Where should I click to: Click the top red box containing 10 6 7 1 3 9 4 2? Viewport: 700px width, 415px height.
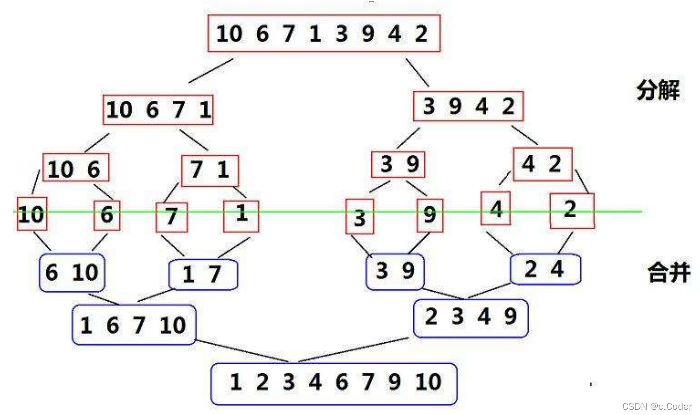[324, 33]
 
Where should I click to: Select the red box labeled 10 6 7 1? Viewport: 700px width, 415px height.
[158, 110]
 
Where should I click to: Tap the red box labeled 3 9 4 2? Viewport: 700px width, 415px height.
[468, 106]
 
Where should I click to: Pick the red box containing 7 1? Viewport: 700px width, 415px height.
[210, 171]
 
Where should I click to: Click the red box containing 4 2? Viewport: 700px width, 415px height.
[542, 164]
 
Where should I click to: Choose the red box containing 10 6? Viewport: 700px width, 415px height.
[76, 168]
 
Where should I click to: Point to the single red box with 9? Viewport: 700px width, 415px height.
[430, 215]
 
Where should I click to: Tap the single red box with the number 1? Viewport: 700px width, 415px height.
[241, 216]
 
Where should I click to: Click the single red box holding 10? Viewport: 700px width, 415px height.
[32, 214]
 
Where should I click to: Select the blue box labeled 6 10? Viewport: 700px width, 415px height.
[72, 273]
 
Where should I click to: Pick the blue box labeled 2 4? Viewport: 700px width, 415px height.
[545, 269]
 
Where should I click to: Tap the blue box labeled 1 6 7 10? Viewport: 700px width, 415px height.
[134, 325]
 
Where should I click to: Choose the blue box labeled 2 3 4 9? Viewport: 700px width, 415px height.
[470, 318]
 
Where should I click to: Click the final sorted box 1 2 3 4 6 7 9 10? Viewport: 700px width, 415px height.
[334, 383]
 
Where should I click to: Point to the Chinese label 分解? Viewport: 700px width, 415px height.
[657, 91]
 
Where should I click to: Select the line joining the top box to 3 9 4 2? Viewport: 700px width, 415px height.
[417, 72]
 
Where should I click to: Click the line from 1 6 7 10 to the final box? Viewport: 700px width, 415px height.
[242, 351]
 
